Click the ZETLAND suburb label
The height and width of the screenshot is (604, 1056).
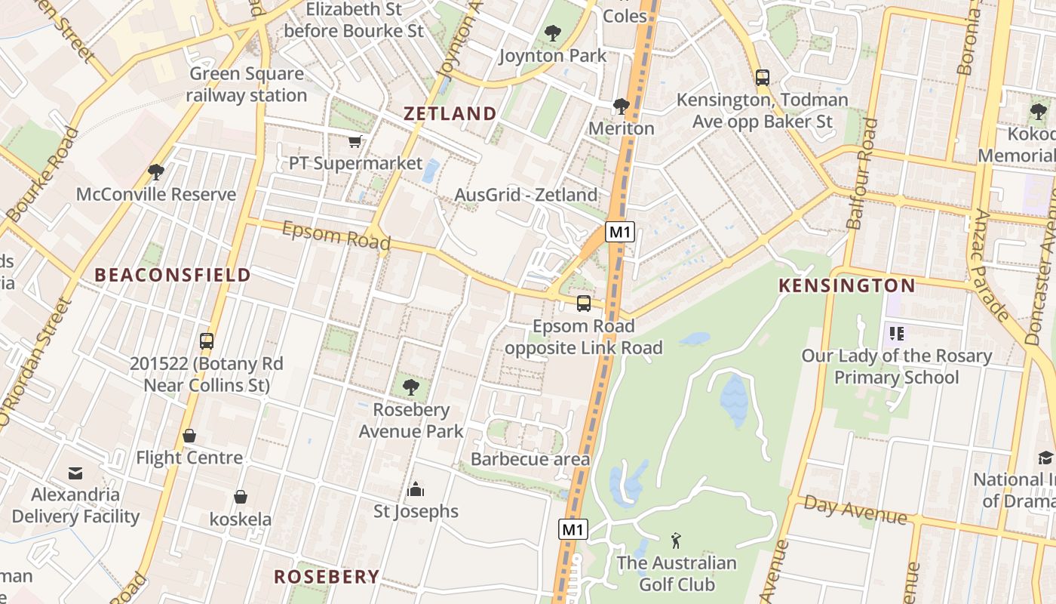tap(450, 114)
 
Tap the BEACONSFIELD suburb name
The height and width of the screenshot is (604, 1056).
tap(172, 275)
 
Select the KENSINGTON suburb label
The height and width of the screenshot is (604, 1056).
tap(846, 285)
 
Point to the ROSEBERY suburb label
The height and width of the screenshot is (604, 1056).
tap(326, 577)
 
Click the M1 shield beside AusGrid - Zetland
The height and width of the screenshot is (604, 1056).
tap(619, 232)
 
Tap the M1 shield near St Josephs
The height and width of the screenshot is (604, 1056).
tap(573, 529)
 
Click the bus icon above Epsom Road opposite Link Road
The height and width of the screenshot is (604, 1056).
tap(583, 304)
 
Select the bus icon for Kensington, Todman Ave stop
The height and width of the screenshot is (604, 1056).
tap(762, 77)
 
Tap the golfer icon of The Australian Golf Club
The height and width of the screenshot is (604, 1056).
tap(676, 541)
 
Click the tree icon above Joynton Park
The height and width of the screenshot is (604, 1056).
tap(553, 33)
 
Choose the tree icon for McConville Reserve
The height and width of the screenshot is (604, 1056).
tap(156, 172)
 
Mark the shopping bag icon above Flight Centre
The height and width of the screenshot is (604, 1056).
tap(189, 436)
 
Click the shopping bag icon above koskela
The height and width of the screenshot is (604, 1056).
tap(240, 497)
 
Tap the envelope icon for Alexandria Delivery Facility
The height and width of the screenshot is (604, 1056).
tap(75, 473)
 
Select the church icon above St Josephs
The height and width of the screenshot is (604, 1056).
tap(416, 490)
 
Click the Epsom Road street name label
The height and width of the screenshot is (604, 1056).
tap(336, 235)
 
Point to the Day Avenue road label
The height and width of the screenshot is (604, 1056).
tap(855, 510)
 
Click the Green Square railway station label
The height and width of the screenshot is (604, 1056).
tap(247, 85)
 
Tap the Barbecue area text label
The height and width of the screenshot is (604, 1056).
tap(530, 459)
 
